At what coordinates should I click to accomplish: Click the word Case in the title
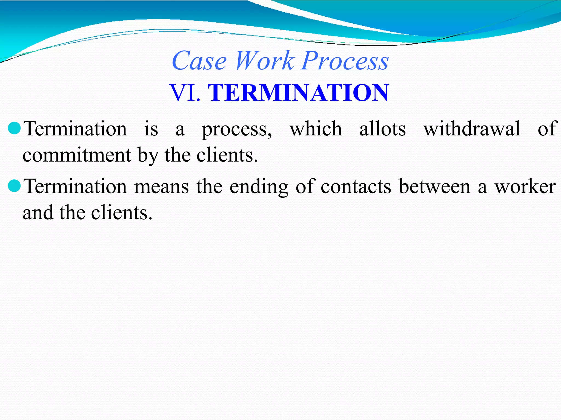click(x=199, y=61)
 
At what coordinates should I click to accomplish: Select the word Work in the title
click(x=265, y=61)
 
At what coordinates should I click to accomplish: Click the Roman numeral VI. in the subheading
click(x=185, y=93)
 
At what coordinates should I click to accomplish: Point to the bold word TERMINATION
click(x=298, y=93)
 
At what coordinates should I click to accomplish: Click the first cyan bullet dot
click(x=15, y=128)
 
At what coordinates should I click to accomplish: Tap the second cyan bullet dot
click(x=15, y=186)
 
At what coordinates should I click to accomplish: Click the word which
click(x=316, y=129)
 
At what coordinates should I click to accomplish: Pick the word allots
click(x=382, y=129)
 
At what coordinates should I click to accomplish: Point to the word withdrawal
click(x=472, y=129)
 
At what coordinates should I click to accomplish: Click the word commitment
click(x=77, y=155)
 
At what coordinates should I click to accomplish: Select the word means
click(x=161, y=186)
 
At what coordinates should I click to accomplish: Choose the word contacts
click(x=356, y=186)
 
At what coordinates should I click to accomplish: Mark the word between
click(x=434, y=186)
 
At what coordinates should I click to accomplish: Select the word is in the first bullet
click(x=151, y=129)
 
